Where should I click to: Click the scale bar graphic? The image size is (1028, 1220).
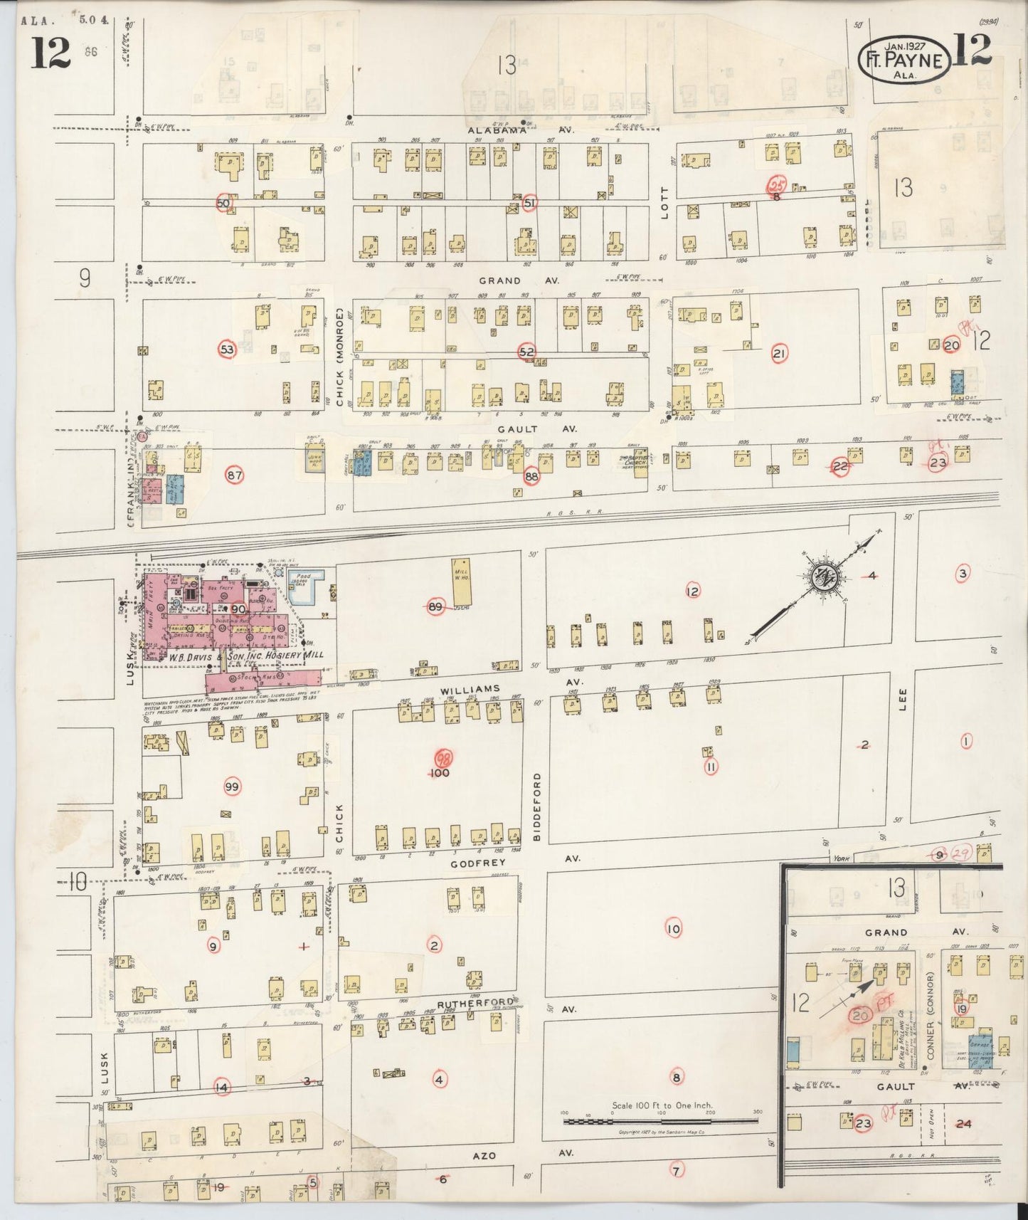[x=661, y=1121]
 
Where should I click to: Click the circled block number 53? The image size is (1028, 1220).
[x=227, y=349]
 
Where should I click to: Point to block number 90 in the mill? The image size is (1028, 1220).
[x=238, y=609]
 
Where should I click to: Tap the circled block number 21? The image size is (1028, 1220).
[x=779, y=353]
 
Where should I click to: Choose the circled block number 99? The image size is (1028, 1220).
[x=232, y=787]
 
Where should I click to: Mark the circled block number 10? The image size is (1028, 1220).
[x=673, y=928]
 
